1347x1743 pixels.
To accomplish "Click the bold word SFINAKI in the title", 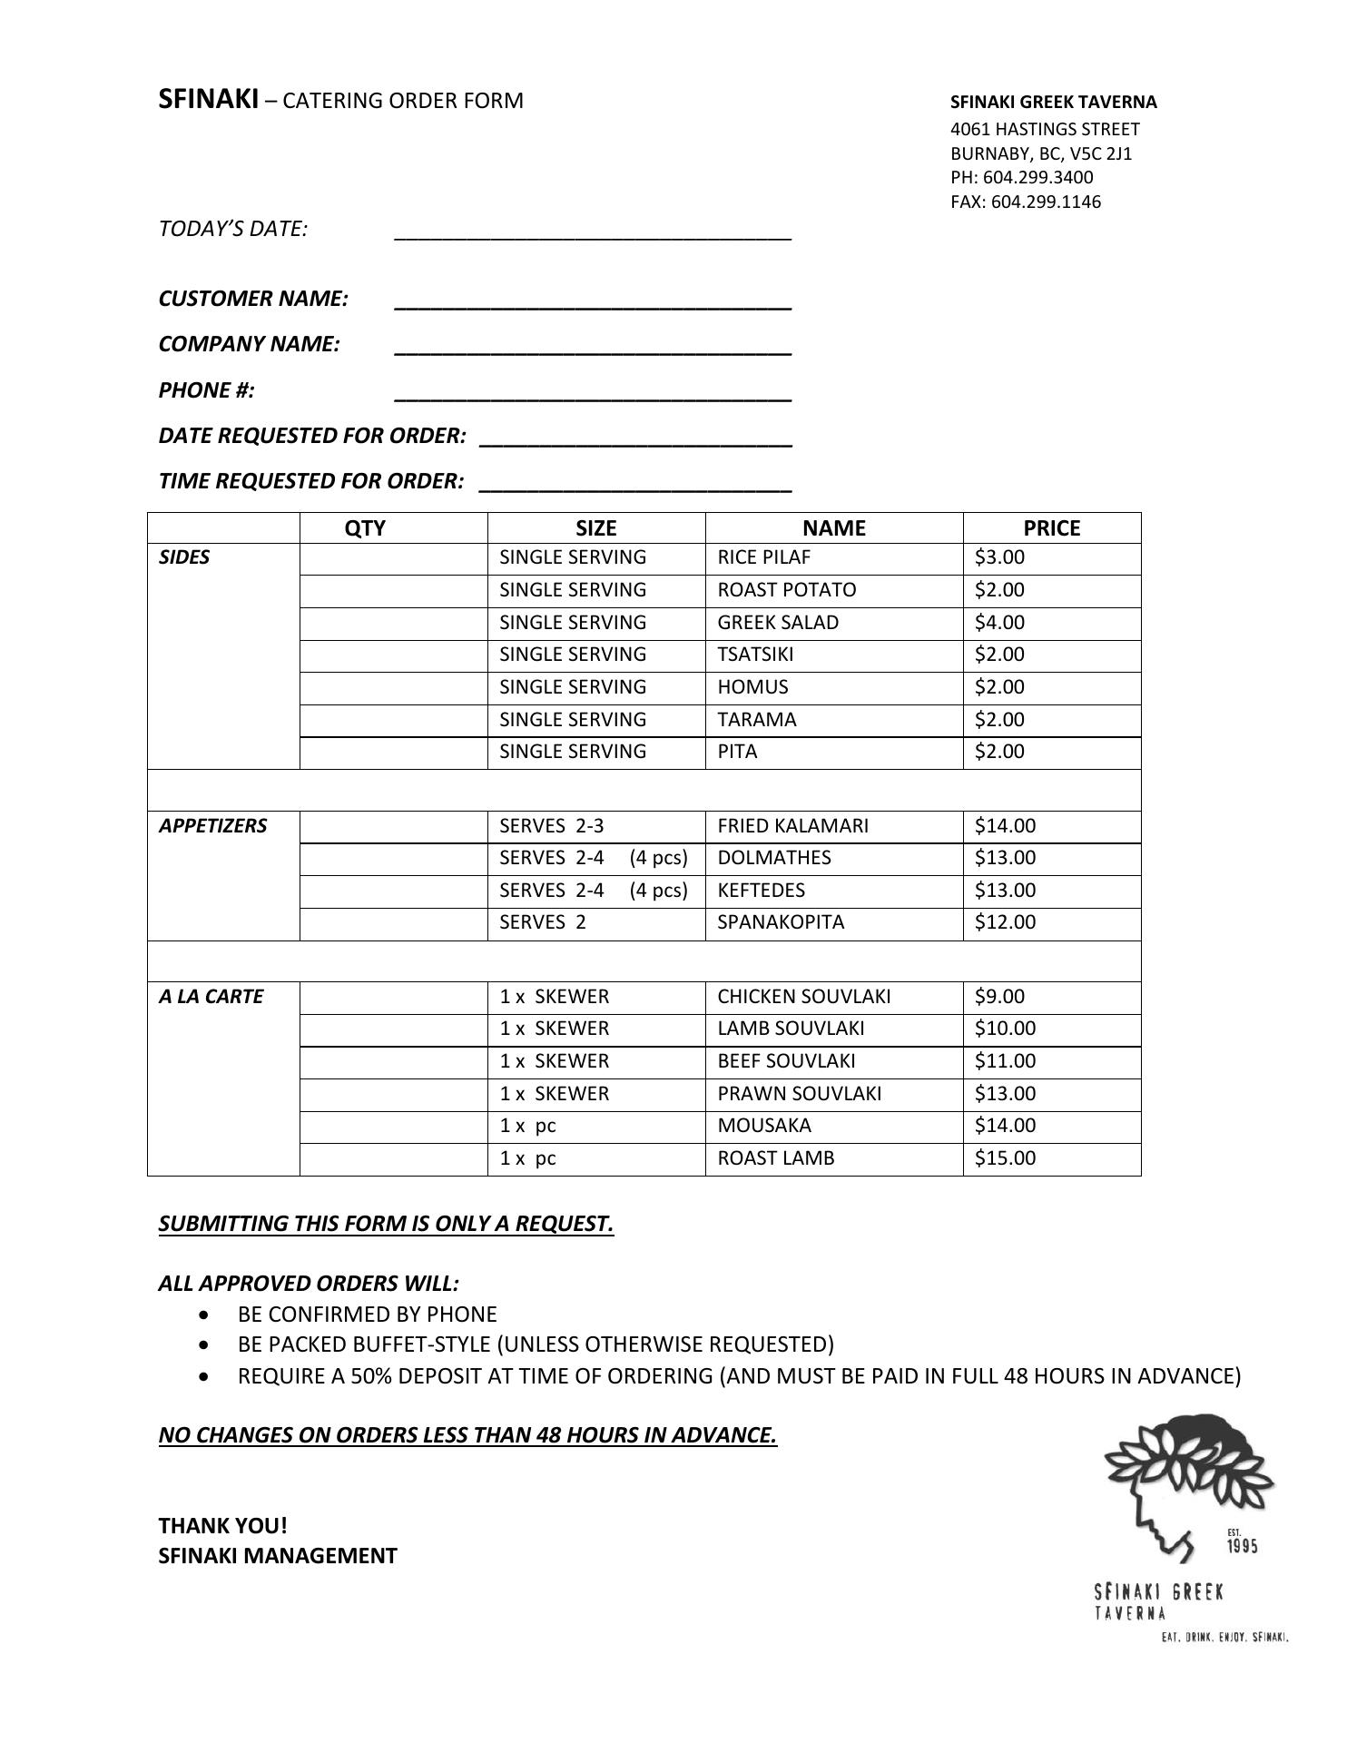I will pyautogui.click(x=209, y=99).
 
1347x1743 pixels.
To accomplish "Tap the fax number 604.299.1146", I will pyautogui.click(x=1046, y=202).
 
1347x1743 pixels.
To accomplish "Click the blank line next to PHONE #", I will pyautogui.click(x=593, y=396).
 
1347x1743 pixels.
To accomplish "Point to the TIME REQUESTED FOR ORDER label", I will pyautogui.click(x=311, y=481).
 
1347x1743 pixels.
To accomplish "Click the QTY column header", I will pyautogui.click(x=365, y=528).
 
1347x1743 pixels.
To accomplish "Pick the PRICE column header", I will pyautogui.click(x=1051, y=528).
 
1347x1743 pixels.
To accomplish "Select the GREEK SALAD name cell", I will pyautogui.click(x=778, y=623).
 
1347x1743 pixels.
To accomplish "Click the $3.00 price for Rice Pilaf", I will pyautogui.click(x=999, y=557).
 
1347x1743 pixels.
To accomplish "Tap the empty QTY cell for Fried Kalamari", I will pyautogui.click(x=393, y=826).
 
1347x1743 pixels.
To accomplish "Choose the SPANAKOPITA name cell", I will pyautogui.click(x=781, y=922).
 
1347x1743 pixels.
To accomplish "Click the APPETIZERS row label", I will pyautogui.click(x=213, y=826).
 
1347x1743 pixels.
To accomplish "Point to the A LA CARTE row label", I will pyautogui.click(x=211, y=997).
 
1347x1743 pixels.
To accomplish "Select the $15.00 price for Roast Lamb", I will pyautogui.click(x=1005, y=1158).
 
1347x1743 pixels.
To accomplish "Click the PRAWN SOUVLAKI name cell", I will pyautogui.click(x=799, y=1094).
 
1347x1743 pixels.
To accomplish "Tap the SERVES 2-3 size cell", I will pyautogui.click(x=552, y=826).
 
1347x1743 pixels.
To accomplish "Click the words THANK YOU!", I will pyautogui.click(x=223, y=1525).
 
